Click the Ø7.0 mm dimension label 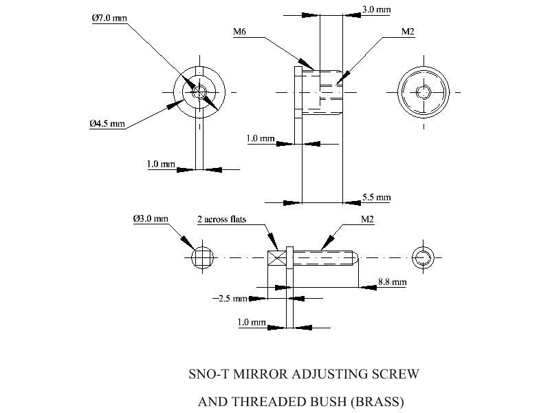pos(109,19)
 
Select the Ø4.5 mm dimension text pos(107,124)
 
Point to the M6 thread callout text pos(239,32)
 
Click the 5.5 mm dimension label pos(376,198)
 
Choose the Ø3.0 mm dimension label pos(151,219)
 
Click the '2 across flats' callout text pos(221,220)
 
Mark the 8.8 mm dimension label pos(392,282)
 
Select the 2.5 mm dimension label pos(230,299)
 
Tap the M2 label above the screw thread pos(367,220)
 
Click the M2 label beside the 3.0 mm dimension pos(407,32)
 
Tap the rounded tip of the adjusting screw pos(353,258)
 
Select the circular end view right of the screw pos(422,258)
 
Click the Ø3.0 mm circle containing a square pos(201,258)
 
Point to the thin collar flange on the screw pos(289,258)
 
